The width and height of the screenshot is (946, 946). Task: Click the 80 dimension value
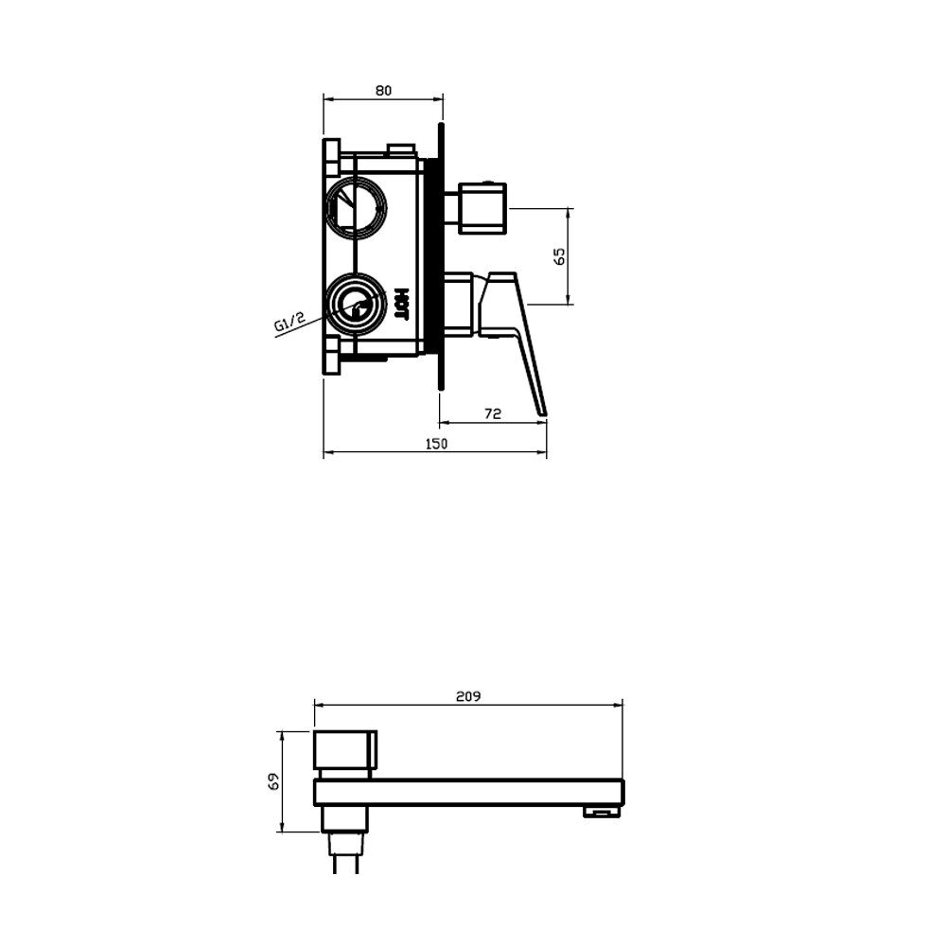point(383,91)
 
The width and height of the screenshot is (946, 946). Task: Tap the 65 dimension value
point(560,255)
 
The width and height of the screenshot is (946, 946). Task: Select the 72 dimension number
point(493,414)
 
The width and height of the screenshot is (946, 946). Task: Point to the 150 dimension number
point(436,444)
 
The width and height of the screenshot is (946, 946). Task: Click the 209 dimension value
point(468,696)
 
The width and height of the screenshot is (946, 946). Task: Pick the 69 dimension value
point(274,782)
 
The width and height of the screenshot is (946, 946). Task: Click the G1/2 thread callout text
point(290,323)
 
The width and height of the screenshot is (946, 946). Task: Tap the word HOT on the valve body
point(402,304)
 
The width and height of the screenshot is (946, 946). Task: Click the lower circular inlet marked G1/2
point(356,305)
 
